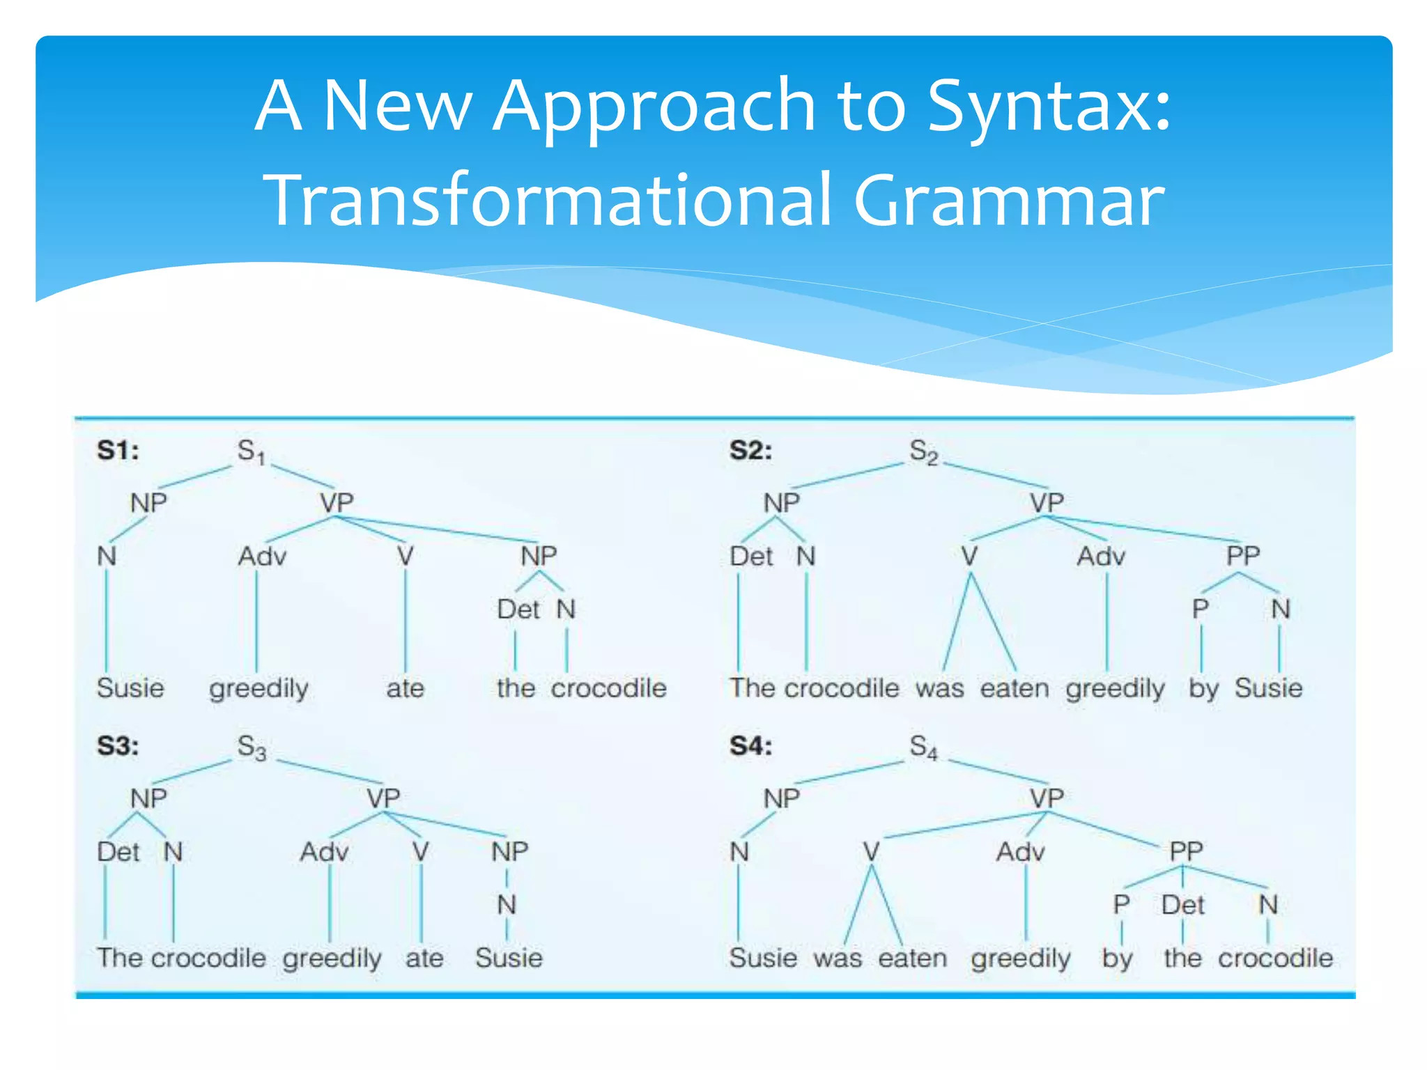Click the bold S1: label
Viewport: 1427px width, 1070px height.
118,450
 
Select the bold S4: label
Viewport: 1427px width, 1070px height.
750,746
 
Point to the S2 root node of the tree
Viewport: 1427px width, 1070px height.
923,451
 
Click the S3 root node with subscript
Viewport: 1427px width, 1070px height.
252,747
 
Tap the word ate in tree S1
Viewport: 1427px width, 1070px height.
405,688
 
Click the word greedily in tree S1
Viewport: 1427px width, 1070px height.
259,688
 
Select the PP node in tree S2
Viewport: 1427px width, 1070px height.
1243,556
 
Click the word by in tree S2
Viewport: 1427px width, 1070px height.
1203,688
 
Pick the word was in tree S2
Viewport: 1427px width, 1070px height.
939,688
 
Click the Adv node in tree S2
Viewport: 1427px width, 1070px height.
1101,557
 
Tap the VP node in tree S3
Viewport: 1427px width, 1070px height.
383,798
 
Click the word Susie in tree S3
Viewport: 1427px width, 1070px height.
509,958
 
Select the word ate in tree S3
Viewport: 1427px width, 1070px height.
424,958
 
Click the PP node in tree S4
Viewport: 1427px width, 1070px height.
1186,851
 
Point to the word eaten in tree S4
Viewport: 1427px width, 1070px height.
912,958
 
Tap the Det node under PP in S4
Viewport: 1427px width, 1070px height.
1182,905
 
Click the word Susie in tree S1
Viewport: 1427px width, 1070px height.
130,688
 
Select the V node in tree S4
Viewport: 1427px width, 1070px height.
871,851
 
